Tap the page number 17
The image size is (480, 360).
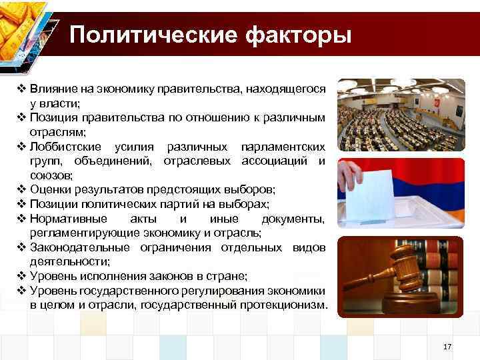coord(447,347)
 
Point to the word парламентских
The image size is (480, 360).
coord(285,147)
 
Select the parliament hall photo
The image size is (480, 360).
coord(400,115)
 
